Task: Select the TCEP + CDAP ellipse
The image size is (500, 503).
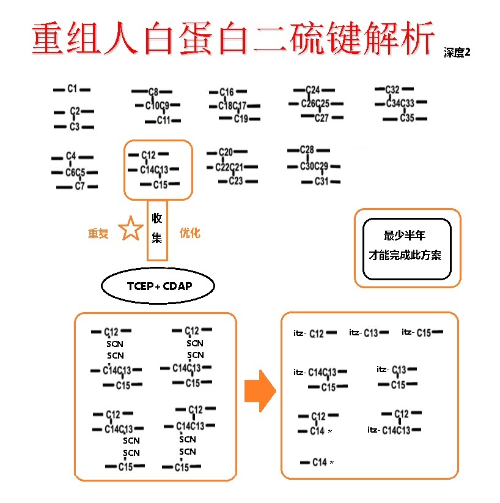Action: click(x=158, y=286)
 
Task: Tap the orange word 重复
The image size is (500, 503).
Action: click(x=98, y=234)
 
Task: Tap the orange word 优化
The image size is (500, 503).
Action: click(x=189, y=233)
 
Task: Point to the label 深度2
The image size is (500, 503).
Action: click(x=457, y=53)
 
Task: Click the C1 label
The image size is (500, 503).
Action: click(x=72, y=89)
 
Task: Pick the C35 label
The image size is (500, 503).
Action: click(x=407, y=117)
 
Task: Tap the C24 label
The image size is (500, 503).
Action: click(x=312, y=90)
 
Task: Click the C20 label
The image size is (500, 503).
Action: click(x=226, y=152)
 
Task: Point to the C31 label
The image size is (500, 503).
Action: click(x=322, y=181)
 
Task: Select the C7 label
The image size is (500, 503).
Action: click(x=79, y=186)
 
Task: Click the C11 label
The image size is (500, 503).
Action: click(x=163, y=120)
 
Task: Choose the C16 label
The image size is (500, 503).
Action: click(x=226, y=92)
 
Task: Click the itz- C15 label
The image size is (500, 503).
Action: click(x=417, y=332)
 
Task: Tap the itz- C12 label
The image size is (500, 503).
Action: click(x=309, y=333)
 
